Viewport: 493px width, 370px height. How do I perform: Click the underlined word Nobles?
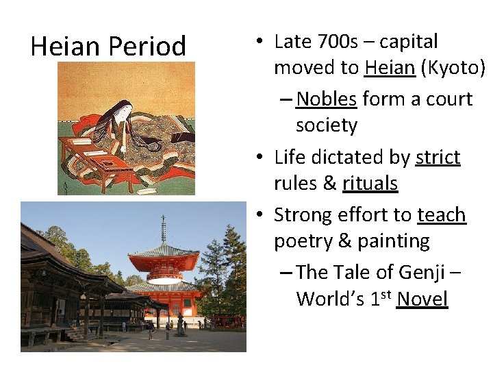click(327, 99)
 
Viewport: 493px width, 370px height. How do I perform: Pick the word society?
click(327, 125)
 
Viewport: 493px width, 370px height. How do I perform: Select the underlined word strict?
click(438, 158)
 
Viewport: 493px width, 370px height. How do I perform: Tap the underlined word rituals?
click(370, 184)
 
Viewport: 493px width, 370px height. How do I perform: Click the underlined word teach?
click(441, 215)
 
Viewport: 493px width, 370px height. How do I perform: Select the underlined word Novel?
click(422, 299)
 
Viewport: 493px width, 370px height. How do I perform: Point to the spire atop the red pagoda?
click(163, 230)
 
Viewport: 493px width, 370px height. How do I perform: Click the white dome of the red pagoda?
click(164, 271)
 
